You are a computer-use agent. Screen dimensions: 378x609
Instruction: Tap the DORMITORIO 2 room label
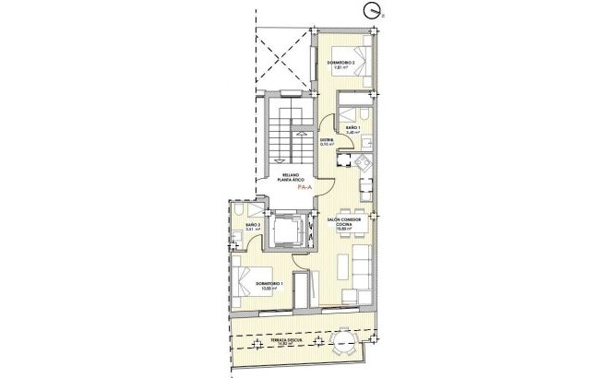[x=340, y=63]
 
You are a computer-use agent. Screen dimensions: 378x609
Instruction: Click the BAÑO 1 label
[x=352, y=127]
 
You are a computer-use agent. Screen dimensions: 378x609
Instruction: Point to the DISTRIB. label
[x=327, y=139]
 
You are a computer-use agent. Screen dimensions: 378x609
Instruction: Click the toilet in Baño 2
[x=237, y=239]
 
